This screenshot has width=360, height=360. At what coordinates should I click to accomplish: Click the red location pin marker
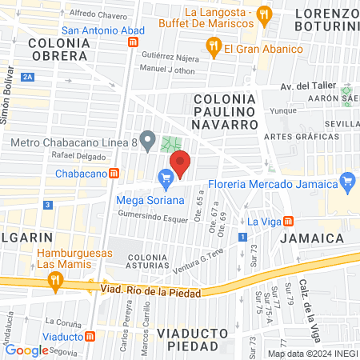[180, 163]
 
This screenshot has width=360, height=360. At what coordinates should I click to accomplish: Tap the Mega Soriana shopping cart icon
[166, 178]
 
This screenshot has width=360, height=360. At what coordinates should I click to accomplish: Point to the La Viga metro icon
[289, 221]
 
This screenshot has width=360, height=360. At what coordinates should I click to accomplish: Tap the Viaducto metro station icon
[90, 337]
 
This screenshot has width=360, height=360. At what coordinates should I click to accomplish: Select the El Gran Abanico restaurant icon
[213, 48]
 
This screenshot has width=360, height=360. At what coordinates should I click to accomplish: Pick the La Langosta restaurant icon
[266, 14]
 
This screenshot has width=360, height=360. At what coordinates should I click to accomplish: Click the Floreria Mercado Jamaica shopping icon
[346, 181]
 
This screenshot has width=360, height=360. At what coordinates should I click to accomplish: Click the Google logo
[26, 350]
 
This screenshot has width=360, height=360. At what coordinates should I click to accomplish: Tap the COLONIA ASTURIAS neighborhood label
[150, 262]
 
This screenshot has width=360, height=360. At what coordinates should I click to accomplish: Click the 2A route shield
[28, 77]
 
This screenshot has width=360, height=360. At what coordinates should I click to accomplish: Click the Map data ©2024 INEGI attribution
[311, 353]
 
